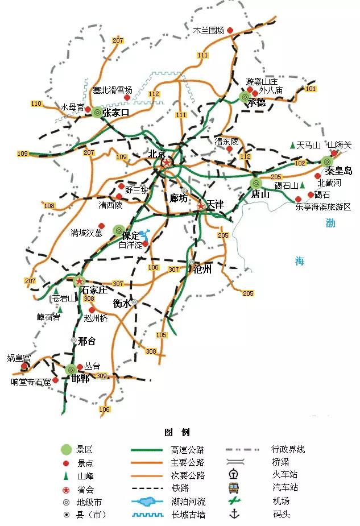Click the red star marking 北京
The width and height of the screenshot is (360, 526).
[x=167, y=163]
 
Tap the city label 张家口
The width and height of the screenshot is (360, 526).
[x=117, y=113]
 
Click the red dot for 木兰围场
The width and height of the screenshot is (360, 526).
[x=231, y=31]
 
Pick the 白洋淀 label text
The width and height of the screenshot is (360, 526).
[x=130, y=246]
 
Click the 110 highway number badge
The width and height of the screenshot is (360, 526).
[x=37, y=103]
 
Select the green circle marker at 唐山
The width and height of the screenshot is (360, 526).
[x=256, y=183]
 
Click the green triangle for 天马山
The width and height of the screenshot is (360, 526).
[x=292, y=146]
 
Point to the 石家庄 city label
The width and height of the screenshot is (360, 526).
[x=94, y=289]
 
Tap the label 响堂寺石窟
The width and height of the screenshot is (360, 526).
[x=31, y=382]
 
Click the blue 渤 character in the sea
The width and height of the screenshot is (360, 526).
[x=330, y=223]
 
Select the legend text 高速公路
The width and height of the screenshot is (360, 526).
[x=188, y=450]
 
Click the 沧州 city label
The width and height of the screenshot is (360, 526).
[x=202, y=270]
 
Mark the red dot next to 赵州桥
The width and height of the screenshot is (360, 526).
[x=92, y=310]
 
